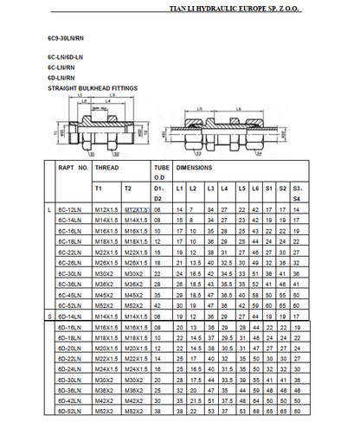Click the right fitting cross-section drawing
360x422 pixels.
pyautogui.click(x=237, y=127)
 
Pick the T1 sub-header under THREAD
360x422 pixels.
pyautogui.click(x=98, y=188)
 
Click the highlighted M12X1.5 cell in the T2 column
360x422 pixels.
pyautogui.click(x=137, y=210)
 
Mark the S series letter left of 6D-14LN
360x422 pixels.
pyautogui.click(x=48, y=317)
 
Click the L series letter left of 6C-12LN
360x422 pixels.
pyautogui.click(x=48, y=210)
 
